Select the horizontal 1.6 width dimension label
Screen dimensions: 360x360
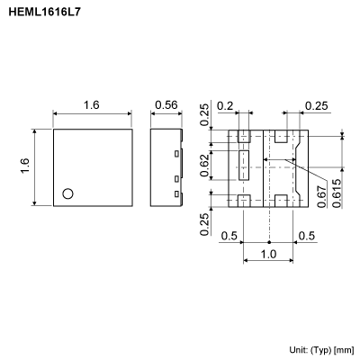tap(91, 104)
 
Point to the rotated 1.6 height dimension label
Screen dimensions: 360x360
tap(26, 167)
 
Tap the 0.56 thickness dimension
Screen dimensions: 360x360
tap(166, 104)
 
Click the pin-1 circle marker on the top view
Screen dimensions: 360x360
tap(67, 193)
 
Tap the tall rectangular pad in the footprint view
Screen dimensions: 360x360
tap(243, 167)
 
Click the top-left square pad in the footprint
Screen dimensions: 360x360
tap(243, 138)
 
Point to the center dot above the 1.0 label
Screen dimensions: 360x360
tap(270, 241)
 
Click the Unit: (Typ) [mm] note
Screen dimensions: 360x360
tap(321, 348)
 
